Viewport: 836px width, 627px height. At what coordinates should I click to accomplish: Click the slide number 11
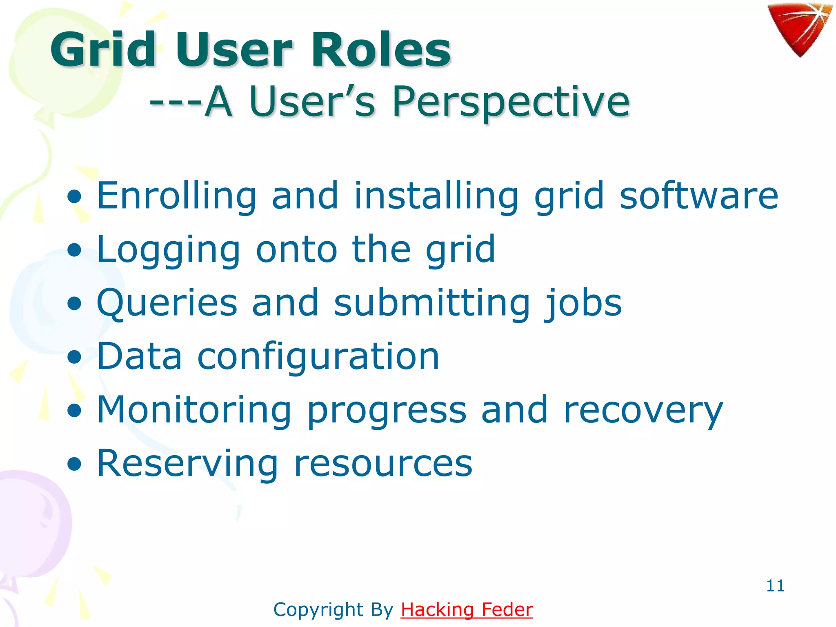775,586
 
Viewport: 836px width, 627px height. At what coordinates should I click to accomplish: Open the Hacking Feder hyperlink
467,610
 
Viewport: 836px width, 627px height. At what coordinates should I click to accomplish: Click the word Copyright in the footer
318,610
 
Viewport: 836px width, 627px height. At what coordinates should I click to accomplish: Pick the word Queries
167,303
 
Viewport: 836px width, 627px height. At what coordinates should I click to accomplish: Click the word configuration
318,357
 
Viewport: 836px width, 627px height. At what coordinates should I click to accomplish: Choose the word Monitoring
194,410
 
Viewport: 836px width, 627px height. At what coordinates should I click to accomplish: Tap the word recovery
643,411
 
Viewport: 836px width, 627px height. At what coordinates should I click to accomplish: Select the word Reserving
187,464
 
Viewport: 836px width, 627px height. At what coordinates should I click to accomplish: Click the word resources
383,465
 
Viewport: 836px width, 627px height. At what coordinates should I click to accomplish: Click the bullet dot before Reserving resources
75,465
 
